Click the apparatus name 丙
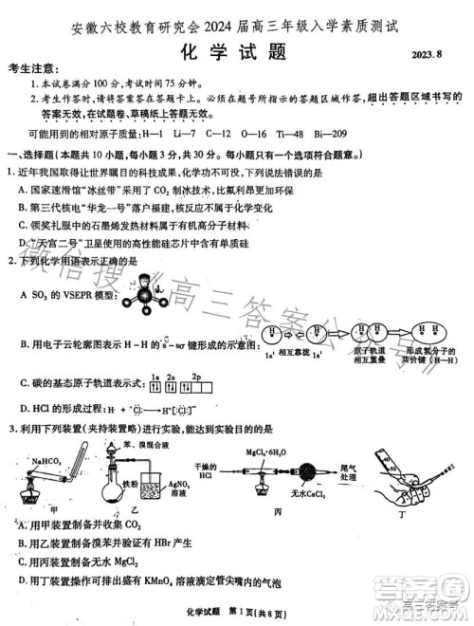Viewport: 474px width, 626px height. coord(279,512)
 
